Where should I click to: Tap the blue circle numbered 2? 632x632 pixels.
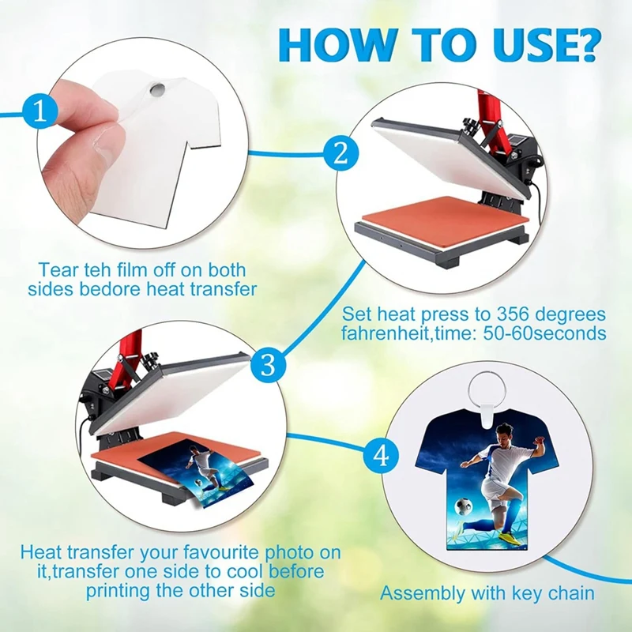point(341,152)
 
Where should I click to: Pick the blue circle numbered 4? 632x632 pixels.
point(381,456)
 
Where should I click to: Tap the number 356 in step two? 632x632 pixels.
point(516,314)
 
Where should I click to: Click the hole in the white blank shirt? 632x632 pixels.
point(156,88)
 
